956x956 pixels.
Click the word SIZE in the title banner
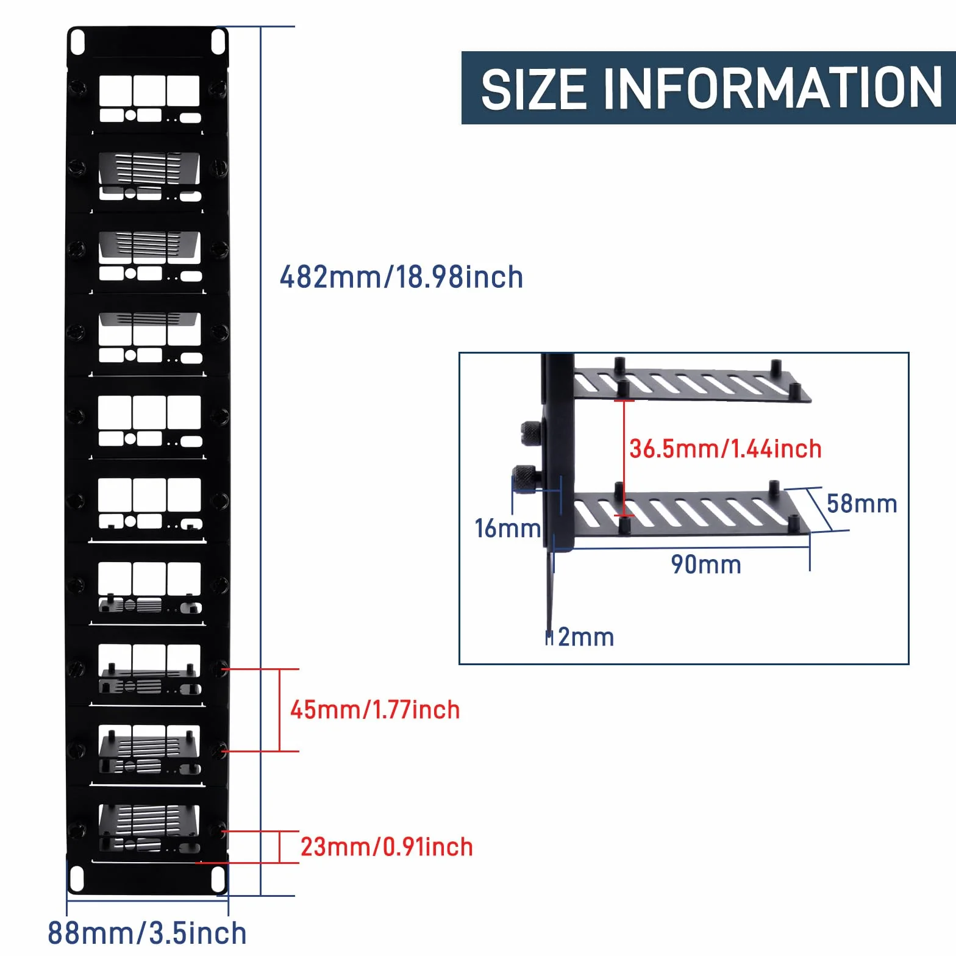click(x=534, y=89)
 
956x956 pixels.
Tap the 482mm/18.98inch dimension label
click(x=401, y=277)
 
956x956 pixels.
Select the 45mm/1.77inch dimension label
click(x=375, y=710)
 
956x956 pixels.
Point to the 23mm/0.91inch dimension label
click(x=387, y=847)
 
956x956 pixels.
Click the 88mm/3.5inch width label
click(x=147, y=933)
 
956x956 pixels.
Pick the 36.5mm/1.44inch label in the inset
click(x=726, y=449)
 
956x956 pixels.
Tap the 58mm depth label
click(x=862, y=504)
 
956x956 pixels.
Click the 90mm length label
click(x=706, y=565)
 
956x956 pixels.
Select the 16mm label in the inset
click(x=508, y=528)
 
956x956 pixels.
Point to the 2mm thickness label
click(x=586, y=637)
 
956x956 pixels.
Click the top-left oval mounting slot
click(x=77, y=42)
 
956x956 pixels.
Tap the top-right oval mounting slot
click(x=218, y=41)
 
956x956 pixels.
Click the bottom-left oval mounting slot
click(x=77, y=879)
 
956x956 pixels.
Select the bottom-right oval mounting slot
click(x=218, y=879)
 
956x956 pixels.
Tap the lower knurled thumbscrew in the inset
click(x=525, y=479)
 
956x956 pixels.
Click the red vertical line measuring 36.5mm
click(x=624, y=458)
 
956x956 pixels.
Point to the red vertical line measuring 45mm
click(x=280, y=710)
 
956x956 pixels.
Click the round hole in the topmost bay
click(x=130, y=115)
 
